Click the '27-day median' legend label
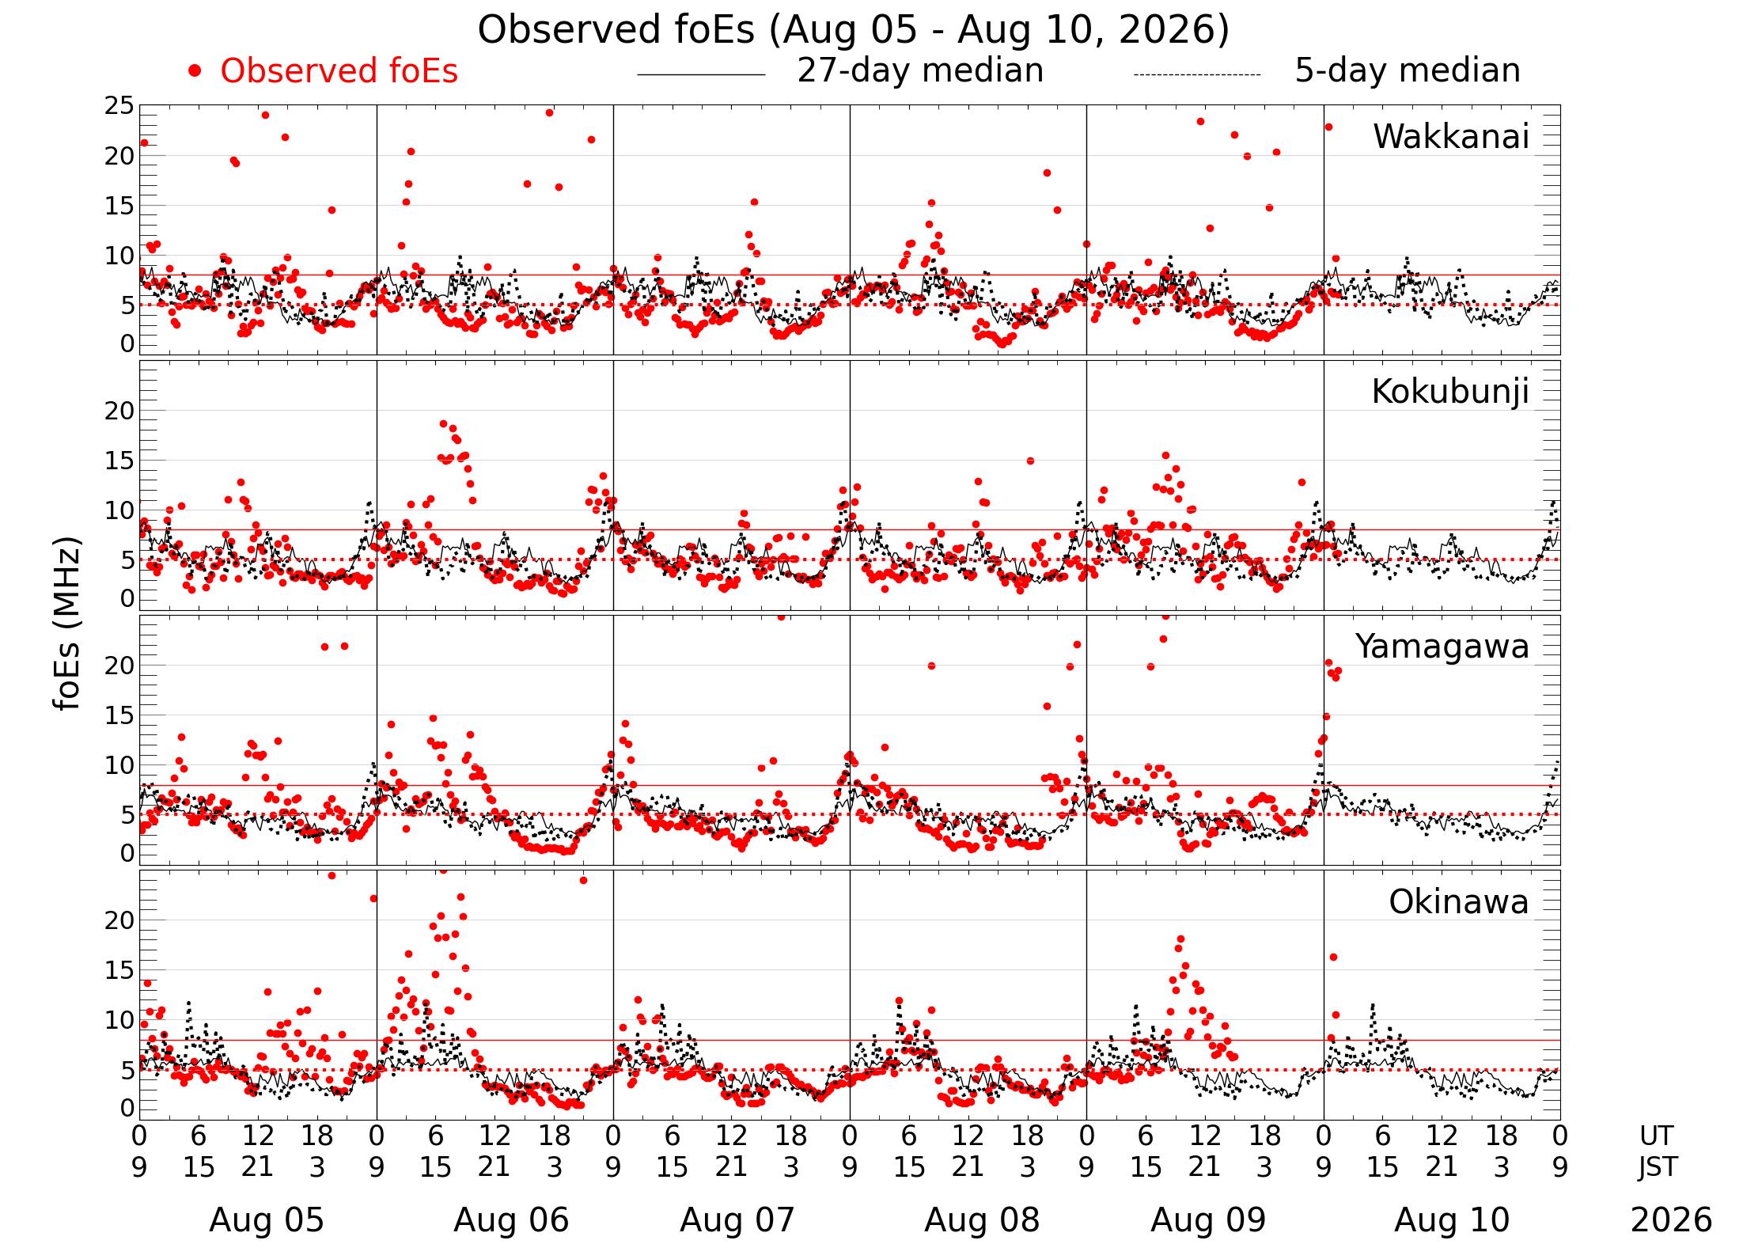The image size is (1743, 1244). pyautogui.click(x=920, y=71)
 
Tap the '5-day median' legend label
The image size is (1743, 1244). pyautogui.click(x=1408, y=71)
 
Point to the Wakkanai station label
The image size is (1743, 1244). pyautogui.click(x=1451, y=137)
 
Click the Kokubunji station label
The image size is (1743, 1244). pyautogui.click(x=1450, y=392)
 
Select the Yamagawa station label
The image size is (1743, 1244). pyautogui.click(x=1442, y=647)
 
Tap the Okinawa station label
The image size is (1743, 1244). pyautogui.click(x=1459, y=902)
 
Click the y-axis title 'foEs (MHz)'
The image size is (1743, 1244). pyautogui.click(x=68, y=624)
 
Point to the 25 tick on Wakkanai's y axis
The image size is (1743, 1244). pyautogui.click(x=119, y=106)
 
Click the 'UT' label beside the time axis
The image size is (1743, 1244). pyautogui.click(x=1656, y=1136)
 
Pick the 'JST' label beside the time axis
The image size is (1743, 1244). pyautogui.click(x=1658, y=1167)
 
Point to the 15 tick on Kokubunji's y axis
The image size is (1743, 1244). pyautogui.click(x=119, y=461)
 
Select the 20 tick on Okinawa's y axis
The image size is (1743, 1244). pyautogui.click(x=119, y=920)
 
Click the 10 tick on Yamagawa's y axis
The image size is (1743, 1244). pyautogui.click(x=119, y=765)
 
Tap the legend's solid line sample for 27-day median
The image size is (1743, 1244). pyautogui.click(x=701, y=75)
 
